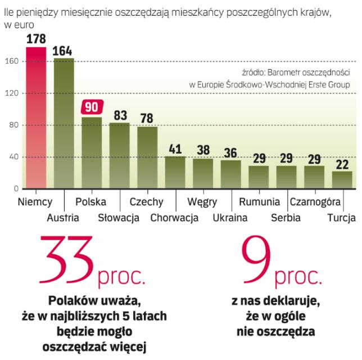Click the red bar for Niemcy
point(36,118)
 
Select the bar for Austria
point(64,124)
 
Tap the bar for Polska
point(92,152)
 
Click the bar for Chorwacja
point(175,172)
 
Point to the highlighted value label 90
point(92,107)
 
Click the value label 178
point(36,39)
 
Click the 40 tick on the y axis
point(15,157)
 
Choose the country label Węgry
point(202,201)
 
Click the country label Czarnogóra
point(315,201)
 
